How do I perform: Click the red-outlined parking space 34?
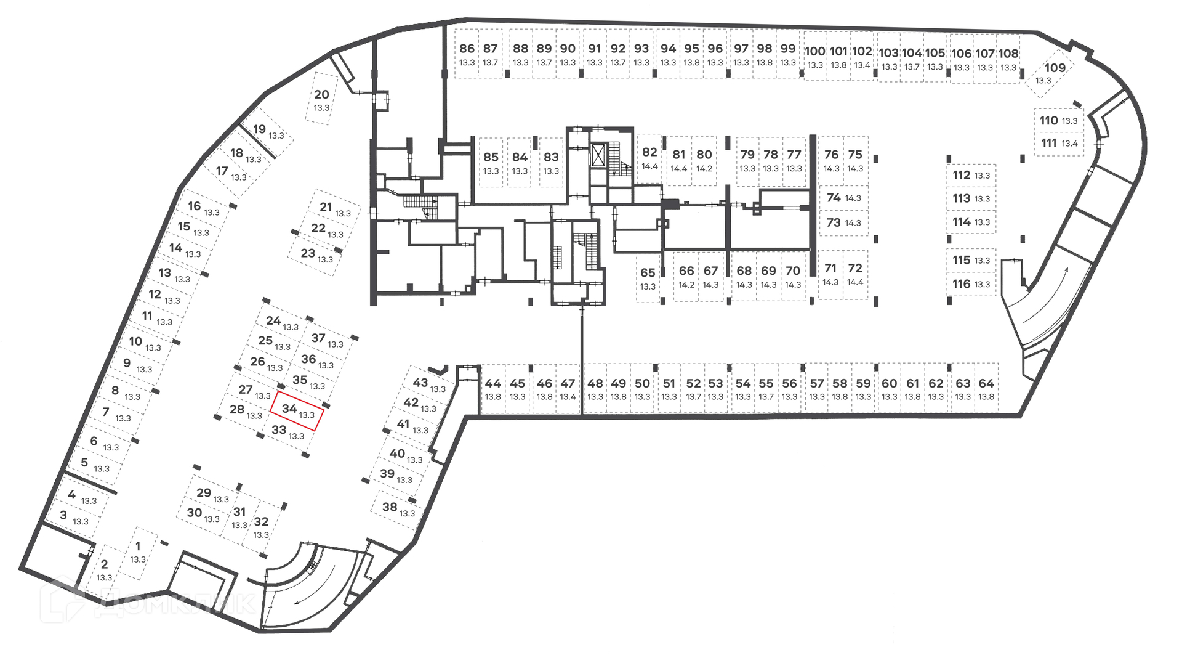[296, 411]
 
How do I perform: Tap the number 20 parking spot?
[321, 99]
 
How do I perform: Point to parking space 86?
[467, 54]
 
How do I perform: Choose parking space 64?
[986, 388]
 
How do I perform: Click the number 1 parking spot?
[138, 552]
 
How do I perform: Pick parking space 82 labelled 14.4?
[649, 158]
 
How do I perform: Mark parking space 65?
[648, 278]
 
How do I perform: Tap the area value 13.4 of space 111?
[1070, 144]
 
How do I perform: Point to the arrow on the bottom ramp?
[315, 588]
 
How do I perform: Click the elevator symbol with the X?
[598, 155]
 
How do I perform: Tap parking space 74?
[843, 198]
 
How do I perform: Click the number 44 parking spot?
[492, 388]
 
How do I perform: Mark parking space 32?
[261, 527]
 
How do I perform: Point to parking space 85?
[491, 163]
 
